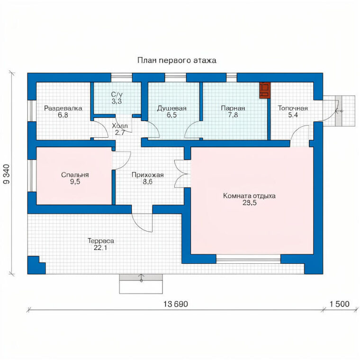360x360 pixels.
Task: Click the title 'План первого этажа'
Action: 177,60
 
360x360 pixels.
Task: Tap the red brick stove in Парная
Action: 265,90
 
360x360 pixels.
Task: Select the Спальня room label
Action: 75,175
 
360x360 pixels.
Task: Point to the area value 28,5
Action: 250,203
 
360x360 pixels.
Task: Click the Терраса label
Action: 101,241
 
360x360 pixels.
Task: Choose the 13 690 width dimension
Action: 176,304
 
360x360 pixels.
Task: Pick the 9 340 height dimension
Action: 7,174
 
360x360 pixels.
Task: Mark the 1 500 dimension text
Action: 340,304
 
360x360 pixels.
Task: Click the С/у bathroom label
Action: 117,94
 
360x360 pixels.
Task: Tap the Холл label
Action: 120,126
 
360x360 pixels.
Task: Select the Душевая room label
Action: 172,108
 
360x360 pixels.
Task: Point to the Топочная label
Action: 293,108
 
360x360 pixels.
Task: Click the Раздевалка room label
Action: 63,108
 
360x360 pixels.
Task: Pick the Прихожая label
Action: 148,175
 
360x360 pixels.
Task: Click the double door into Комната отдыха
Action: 183,174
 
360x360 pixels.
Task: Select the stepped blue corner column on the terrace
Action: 36,265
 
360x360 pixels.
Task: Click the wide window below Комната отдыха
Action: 248,259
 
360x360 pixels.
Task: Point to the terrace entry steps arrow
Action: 141,278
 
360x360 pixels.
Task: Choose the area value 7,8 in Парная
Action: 233,115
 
